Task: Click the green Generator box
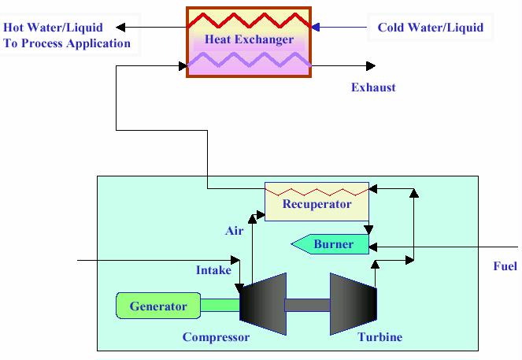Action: pyautogui.click(x=157, y=306)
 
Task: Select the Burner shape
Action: pyautogui.click(x=331, y=245)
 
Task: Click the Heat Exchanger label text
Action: pyautogui.click(x=248, y=39)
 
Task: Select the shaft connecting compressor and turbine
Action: pyautogui.click(x=307, y=304)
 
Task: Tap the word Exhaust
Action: pyautogui.click(x=373, y=87)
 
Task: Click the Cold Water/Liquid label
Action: pyautogui.click(x=430, y=28)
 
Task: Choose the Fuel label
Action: pyautogui.click(x=505, y=266)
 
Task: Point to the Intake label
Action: pyautogui.click(x=213, y=270)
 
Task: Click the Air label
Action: pyautogui.click(x=234, y=231)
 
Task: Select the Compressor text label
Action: pyautogui.click(x=216, y=337)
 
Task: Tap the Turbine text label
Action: pyautogui.click(x=379, y=337)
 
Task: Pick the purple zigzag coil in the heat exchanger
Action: pyautogui.click(x=248, y=59)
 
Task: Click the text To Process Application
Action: pyautogui.click(x=67, y=43)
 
